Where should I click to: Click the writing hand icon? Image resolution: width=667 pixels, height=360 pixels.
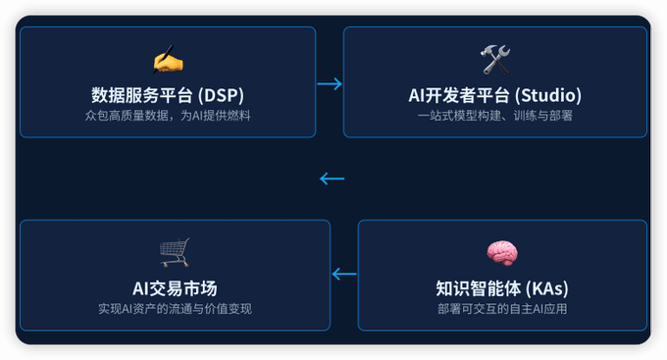tap(168, 61)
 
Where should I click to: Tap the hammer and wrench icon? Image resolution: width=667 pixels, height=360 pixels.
tap(494, 61)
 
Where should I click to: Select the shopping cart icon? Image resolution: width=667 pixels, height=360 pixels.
tap(175, 253)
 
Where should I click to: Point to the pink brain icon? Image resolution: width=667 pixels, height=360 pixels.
tap(502, 253)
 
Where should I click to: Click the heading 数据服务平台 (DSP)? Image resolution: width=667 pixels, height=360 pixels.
tap(168, 95)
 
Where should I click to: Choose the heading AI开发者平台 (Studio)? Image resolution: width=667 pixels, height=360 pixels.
tap(494, 95)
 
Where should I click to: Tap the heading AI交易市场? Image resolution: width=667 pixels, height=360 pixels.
tap(175, 287)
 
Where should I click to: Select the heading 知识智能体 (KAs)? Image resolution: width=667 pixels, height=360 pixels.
tap(502, 288)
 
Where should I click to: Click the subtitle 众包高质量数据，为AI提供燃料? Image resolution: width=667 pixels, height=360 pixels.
tap(168, 116)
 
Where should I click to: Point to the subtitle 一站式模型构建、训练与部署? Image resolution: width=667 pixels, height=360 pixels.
tap(494, 116)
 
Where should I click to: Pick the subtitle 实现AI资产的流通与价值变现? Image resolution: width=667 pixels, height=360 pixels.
tap(175, 308)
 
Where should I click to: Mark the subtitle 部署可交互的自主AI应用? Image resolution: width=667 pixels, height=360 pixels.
tap(502, 308)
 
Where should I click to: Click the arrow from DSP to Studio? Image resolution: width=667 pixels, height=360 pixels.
tap(330, 84)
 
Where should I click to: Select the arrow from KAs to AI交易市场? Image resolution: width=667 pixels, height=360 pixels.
tap(344, 274)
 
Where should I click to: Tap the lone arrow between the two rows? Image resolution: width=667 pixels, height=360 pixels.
tap(333, 179)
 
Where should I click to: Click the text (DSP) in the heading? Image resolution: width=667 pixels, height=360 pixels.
tap(221, 95)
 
